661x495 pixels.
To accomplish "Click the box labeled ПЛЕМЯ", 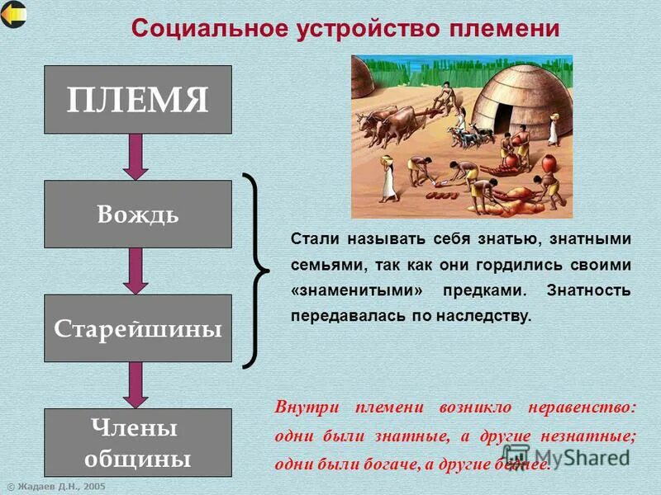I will pos(137,100).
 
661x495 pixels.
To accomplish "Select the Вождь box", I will pos(137,214).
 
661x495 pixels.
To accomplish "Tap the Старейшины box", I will pos(137,328).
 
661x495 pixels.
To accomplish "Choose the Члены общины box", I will pos(137,442).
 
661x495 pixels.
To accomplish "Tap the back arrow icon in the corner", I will pos(13,14).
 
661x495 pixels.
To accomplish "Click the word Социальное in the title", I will pos(197,29).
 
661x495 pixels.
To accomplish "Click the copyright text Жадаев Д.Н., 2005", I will pos(57,487).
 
